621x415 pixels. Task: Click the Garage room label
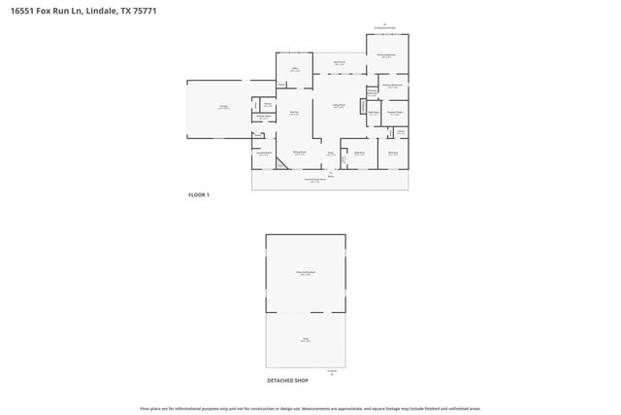click(223, 108)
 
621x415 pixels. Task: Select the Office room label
click(294, 70)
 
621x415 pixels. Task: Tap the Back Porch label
click(341, 62)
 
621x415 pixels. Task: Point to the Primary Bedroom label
click(386, 55)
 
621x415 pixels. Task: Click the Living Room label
click(341, 106)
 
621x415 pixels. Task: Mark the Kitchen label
click(293, 113)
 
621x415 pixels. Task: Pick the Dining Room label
click(300, 153)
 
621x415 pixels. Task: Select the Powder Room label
click(262, 119)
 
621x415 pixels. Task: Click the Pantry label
click(267, 105)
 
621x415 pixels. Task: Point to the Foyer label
click(330, 153)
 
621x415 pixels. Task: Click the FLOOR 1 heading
click(198, 194)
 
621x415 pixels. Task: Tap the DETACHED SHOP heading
click(287, 380)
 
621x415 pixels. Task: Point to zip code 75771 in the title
click(144, 10)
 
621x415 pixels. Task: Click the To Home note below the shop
click(332, 370)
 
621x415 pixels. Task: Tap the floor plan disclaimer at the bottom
click(310, 408)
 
